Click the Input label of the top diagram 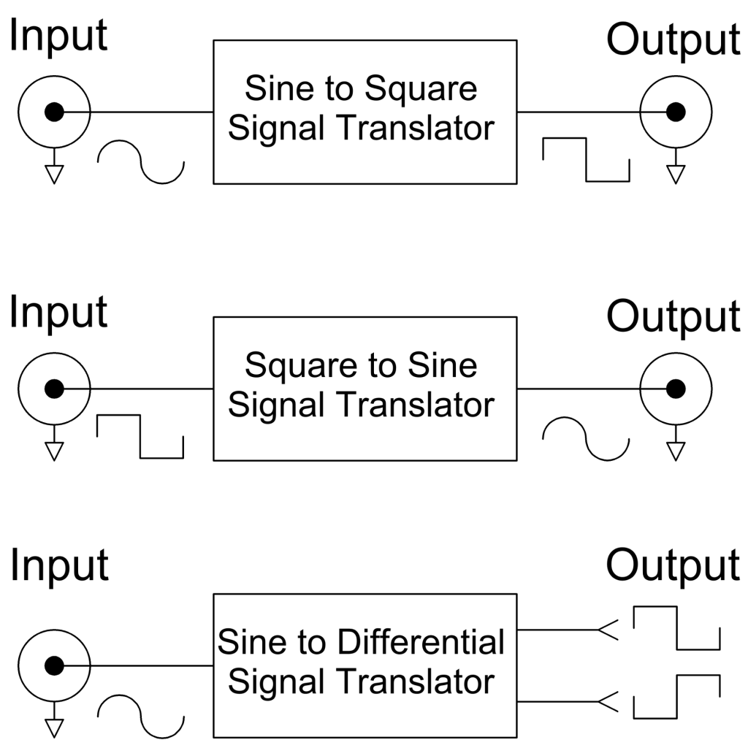coord(58,37)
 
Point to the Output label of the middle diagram coord(673,316)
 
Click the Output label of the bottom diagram coord(673,566)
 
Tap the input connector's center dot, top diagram coord(54,112)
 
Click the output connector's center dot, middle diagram coord(676,389)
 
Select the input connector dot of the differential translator coord(54,665)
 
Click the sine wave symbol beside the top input coord(141,162)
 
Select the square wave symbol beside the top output coord(587,160)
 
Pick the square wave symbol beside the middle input coord(140,437)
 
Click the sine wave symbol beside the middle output coord(587,439)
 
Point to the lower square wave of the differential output coord(677,696)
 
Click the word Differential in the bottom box coord(421,642)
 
